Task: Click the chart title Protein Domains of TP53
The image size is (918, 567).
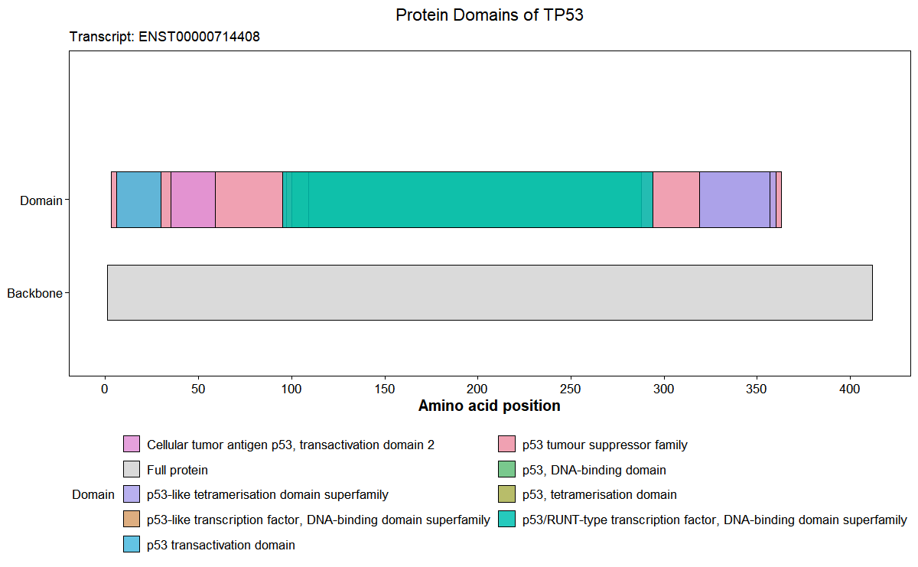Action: click(x=490, y=15)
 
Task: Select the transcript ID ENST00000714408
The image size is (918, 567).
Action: click(x=200, y=37)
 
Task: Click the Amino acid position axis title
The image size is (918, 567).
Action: click(x=489, y=406)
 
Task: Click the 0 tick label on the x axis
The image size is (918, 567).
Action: click(x=105, y=389)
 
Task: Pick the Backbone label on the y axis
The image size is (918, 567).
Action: click(x=34, y=293)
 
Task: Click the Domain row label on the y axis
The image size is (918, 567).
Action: click(x=41, y=200)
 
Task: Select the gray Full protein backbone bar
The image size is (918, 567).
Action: click(x=490, y=292)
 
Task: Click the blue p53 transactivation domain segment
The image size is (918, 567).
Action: click(x=138, y=200)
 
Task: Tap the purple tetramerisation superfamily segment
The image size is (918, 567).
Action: click(x=734, y=200)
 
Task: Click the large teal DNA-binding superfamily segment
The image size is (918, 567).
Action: click(x=474, y=200)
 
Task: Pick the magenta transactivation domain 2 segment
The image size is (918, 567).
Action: click(x=193, y=200)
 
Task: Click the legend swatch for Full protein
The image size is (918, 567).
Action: click(x=132, y=470)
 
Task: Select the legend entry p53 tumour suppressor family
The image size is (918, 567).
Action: click(x=604, y=445)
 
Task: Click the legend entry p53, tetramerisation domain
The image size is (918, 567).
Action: click(x=599, y=495)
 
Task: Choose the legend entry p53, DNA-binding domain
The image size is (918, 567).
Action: click(x=594, y=470)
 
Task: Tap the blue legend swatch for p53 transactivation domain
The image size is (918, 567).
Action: click(x=132, y=545)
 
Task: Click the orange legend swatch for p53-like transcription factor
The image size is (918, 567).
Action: click(x=132, y=520)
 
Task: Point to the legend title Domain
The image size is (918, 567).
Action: click(x=93, y=495)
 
